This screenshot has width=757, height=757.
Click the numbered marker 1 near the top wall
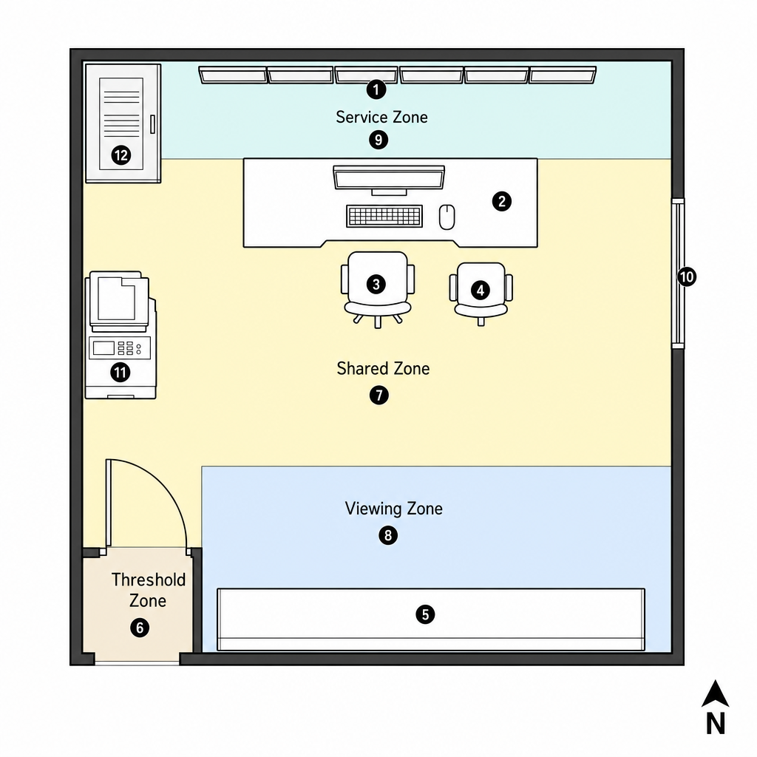click(x=376, y=89)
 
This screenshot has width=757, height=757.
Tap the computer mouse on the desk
click(x=447, y=217)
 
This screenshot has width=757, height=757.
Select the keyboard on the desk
click(x=384, y=217)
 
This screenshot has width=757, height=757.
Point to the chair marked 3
click(x=377, y=289)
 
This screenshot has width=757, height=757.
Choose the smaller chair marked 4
click(x=481, y=293)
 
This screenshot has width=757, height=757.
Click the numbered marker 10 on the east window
click(x=687, y=277)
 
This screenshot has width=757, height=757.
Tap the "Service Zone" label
click(x=382, y=118)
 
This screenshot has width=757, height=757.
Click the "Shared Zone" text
click(x=384, y=368)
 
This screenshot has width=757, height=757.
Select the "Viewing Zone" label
click(x=393, y=509)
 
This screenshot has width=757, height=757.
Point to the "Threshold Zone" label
click(x=148, y=590)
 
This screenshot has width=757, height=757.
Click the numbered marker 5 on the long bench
click(x=425, y=614)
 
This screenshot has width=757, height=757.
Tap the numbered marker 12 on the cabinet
click(x=121, y=155)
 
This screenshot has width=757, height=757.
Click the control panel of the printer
click(x=120, y=348)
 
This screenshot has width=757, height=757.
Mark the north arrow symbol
click(x=715, y=694)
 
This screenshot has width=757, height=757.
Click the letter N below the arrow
click(x=716, y=724)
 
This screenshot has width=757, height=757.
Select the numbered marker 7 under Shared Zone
click(x=379, y=396)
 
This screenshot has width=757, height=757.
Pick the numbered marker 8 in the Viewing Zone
click(x=388, y=535)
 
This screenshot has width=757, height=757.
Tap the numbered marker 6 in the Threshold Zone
click(x=140, y=628)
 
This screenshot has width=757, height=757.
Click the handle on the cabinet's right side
click(x=152, y=124)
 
